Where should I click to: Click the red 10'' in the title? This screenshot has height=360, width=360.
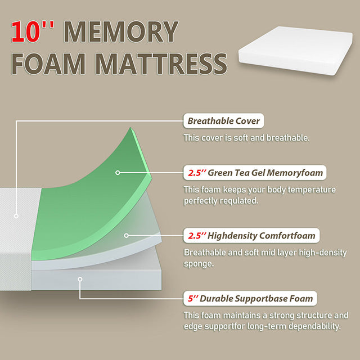click(x=33, y=32)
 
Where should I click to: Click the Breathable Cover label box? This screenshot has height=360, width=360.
click(x=223, y=121)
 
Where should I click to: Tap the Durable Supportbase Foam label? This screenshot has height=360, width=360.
click(x=250, y=298)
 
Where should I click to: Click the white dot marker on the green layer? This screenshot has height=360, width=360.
click(x=118, y=173)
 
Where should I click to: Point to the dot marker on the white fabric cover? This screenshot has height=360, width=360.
click(x=16, y=215)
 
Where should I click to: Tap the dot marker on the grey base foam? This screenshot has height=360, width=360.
click(x=80, y=279)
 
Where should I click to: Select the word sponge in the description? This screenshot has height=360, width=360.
click(x=199, y=263)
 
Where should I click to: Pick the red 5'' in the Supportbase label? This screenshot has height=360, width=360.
click(x=193, y=298)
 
